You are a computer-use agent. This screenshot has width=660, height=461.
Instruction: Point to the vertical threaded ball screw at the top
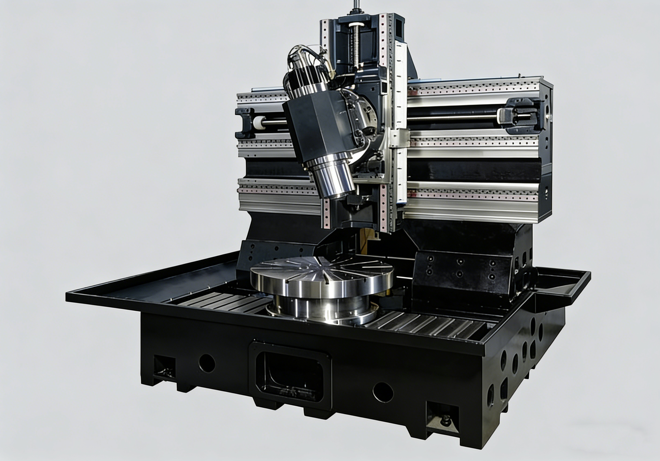(357, 46)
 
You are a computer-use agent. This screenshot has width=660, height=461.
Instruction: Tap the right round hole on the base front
(383, 392)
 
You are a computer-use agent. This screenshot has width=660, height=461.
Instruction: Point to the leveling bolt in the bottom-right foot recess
(446, 421)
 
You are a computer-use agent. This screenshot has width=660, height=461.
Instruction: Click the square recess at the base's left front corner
(165, 367)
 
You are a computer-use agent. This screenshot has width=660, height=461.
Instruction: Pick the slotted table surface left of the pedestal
(227, 301)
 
